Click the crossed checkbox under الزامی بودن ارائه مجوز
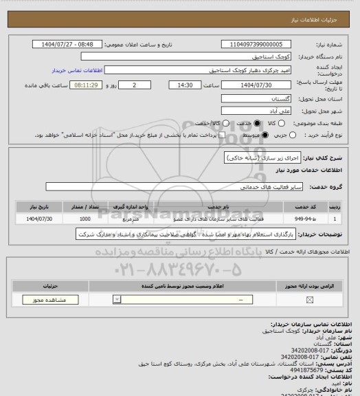click(308, 300)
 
